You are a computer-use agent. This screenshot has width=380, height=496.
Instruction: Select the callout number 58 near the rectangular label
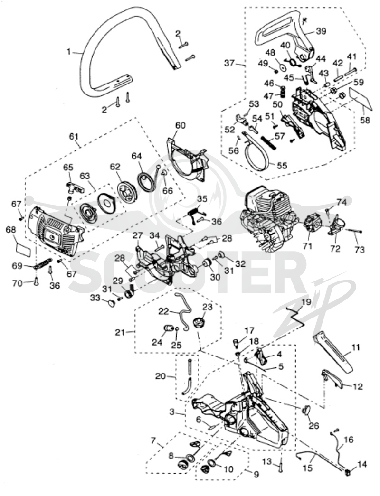(x=365, y=120)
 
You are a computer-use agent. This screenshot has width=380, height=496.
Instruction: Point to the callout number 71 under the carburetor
(x=307, y=245)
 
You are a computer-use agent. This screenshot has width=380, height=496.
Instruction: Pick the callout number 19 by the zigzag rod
(x=306, y=302)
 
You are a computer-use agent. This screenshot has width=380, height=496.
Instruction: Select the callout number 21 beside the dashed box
(x=120, y=332)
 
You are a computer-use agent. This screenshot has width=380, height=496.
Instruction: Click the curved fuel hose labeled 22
(x=185, y=311)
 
